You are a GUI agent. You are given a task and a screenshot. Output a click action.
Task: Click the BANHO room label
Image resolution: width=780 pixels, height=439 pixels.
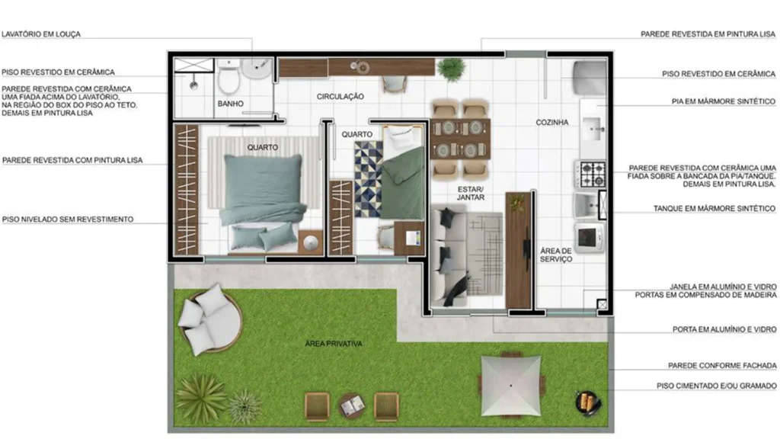230,103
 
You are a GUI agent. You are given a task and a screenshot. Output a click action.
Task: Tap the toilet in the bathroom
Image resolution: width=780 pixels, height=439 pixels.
229,79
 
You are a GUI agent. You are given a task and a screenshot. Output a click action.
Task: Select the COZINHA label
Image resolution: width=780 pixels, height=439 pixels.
552,122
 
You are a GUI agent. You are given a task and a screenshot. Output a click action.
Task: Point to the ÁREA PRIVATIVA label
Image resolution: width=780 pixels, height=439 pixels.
334,344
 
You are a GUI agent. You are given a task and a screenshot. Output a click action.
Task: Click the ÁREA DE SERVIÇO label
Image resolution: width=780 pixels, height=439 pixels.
556,255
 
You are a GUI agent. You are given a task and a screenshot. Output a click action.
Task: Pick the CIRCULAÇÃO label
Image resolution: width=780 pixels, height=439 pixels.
340,97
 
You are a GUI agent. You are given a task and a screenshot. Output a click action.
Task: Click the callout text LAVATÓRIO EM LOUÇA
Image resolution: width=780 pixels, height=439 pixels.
41,34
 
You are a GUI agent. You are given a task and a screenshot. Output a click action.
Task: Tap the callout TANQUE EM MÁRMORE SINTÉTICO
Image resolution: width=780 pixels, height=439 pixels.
714,208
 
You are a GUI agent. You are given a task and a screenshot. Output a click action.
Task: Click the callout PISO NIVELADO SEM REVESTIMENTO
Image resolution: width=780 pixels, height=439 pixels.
68,219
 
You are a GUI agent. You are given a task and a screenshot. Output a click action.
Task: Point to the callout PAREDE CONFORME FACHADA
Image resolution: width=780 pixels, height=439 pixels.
722,365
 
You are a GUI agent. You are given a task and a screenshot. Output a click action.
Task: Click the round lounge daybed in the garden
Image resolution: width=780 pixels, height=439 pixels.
207,319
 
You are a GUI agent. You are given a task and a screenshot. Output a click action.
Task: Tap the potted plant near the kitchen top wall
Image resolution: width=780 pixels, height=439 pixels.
452,69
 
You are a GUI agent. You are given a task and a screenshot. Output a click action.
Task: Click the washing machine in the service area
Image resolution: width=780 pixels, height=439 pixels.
589,236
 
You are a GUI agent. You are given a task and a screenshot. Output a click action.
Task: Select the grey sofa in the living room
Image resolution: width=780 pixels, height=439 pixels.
448,256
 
